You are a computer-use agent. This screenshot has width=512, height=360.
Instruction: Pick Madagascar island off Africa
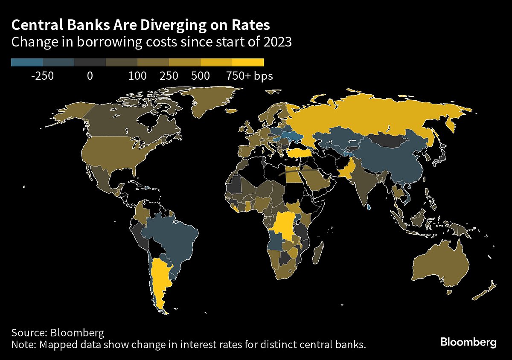click(317, 253)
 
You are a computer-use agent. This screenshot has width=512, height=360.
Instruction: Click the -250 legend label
click(43, 76)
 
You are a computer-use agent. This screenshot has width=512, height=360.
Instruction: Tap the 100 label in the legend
click(137, 76)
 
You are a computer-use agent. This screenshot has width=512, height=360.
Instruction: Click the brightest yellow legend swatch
click(248, 62)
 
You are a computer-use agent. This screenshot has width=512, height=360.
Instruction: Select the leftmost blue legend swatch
click(27, 62)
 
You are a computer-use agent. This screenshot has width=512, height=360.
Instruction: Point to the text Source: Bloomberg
click(58, 333)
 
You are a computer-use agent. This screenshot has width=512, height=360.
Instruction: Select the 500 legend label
click(201, 76)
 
